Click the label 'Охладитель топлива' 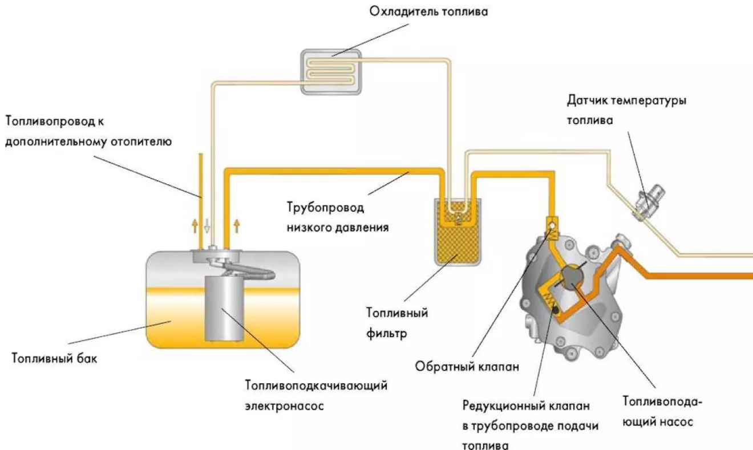(428, 12)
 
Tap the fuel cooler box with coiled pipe (331, 72)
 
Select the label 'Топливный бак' (54, 358)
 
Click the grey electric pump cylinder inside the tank (224, 308)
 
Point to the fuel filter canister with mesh (458, 232)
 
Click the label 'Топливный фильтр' (397, 323)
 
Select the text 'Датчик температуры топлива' (626, 110)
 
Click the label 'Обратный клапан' (467, 367)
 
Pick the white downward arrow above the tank (207, 226)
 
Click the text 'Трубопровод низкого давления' (338, 217)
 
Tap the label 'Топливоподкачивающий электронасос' (316, 396)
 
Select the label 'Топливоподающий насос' (662, 412)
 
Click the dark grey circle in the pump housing (572, 278)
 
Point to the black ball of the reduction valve (556, 310)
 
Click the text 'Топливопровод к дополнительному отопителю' (88, 131)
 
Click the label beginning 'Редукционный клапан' (530, 425)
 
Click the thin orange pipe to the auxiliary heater (201, 202)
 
